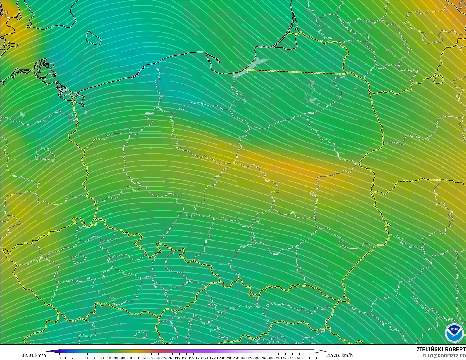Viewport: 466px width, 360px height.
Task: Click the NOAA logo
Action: (454, 333)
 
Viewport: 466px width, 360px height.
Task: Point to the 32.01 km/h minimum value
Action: (34, 355)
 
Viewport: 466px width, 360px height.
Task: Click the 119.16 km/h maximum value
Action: (339, 355)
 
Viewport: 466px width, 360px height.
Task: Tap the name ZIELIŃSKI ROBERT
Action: (441, 349)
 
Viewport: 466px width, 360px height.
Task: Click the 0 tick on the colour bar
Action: (60, 358)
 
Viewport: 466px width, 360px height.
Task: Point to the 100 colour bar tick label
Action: (130, 358)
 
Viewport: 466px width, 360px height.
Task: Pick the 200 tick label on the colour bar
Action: (201, 358)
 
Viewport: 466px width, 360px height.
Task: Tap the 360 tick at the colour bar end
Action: (313, 358)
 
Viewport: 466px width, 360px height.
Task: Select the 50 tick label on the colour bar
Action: (94, 358)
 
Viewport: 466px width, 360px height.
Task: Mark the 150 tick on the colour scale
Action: (165, 358)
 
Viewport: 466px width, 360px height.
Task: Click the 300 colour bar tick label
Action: (271, 358)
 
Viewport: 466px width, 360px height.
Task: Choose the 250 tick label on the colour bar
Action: (236, 358)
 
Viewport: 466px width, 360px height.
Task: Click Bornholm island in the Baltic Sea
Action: (93, 38)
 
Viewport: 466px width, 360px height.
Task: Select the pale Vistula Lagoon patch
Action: (252, 67)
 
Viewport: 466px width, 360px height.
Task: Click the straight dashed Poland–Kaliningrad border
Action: (296, 72)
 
